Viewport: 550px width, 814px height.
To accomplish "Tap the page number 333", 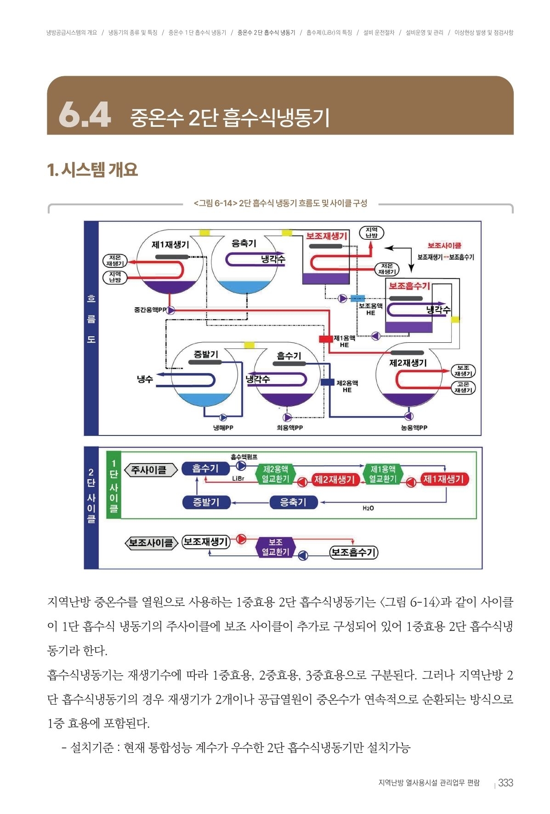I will click(x=505, y=783).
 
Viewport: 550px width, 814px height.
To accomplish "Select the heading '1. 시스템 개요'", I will click(x=92, y=170).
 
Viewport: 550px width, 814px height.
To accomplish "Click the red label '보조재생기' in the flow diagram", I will click(x=327, y=236).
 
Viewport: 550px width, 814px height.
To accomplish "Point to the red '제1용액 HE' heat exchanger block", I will click(x=326, y=339).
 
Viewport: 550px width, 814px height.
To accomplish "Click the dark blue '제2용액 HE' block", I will click(x=327, y=382).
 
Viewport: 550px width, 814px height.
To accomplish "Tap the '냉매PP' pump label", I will click(x=223, y=428).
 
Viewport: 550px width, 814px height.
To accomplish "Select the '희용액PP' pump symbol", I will click(x=287, y=417).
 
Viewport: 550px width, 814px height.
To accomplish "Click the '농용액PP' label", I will click(x=414, y=428).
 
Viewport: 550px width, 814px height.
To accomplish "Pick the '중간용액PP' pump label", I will click(x=150, y=310).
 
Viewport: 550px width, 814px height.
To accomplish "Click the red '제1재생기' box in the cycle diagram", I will click(x=443, y=480).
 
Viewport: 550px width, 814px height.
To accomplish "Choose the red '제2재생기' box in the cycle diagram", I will click(x=334, y=480).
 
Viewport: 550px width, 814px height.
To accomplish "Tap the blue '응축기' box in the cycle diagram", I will click(x=293, y=502).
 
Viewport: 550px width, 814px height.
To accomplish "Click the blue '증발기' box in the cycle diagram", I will click(x=206, y=502).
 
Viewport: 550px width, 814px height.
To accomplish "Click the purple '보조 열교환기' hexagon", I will click(x=275, y=547).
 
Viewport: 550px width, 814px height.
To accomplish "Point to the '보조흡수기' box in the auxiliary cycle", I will click(x=353, y=552).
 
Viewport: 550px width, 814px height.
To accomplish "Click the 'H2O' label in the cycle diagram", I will click(x=368, y=508).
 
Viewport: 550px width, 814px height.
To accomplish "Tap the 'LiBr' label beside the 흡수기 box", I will click(x=238, y=479).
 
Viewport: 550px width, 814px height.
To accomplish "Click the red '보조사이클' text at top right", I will click(x=444, y=246).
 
